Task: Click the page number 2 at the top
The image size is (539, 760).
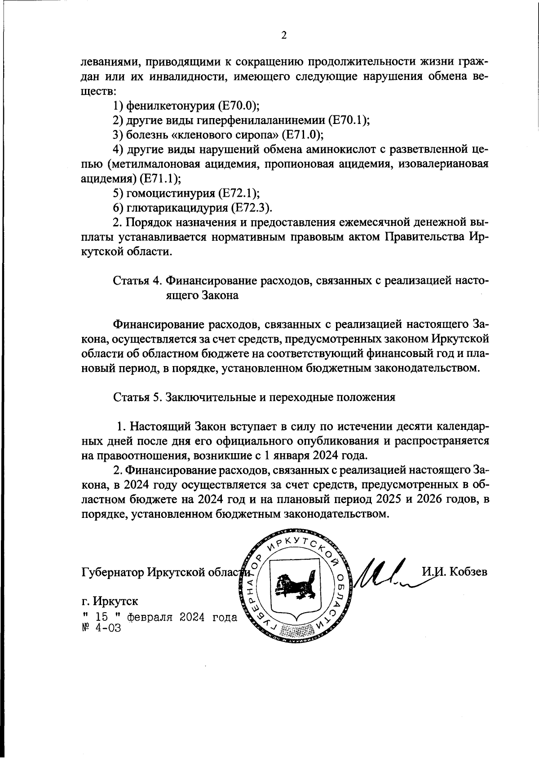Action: coord(283,35)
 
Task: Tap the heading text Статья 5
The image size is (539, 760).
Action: coord(137,398)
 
